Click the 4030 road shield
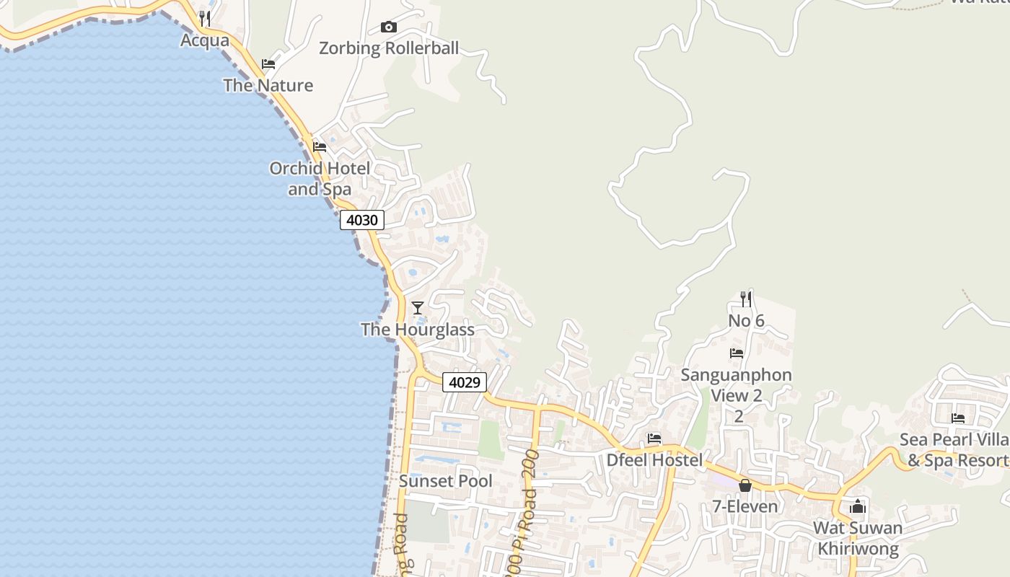[362, 220]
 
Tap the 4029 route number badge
[465, 382]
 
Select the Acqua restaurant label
[205, 40]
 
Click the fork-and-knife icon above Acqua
[205, 18]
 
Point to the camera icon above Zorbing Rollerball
[389, 27]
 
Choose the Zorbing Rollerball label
[389, 48]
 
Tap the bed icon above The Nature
[268, 64]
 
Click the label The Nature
[268, 85]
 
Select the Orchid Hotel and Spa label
[320, 179]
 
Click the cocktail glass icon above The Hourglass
[417, 308]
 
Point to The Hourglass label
[418, 330]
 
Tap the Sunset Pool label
[446, 481]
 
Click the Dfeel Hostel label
[654, 460]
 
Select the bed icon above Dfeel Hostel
[654, 438]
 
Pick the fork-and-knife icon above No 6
[746, 299]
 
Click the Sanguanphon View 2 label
[737, 385]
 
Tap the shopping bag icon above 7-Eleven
[745, 485]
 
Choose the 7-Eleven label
[745, 506]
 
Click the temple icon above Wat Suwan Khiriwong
[858, 506]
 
